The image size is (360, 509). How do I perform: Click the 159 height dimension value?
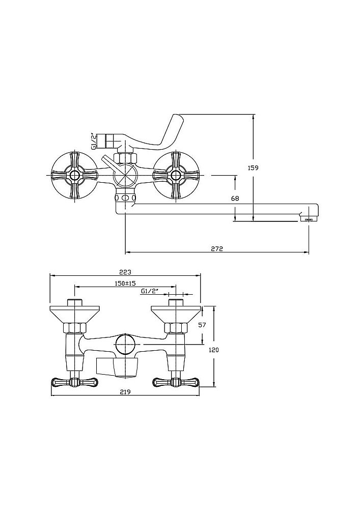coord(253,168)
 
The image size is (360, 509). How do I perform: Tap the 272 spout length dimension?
coord(217,249)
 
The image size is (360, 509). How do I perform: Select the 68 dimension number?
coord(235,198)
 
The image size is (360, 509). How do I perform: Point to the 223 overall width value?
coord(125,272)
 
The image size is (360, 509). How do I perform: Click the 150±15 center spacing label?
coord(125,284)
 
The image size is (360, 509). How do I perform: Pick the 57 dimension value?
coord(202,325)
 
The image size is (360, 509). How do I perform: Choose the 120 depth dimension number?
coord(213,350)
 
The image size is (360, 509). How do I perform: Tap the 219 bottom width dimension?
coord(125,392)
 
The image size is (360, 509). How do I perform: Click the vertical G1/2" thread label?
coord(93,141)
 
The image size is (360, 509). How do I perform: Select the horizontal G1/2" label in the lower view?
coord(150,291)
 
